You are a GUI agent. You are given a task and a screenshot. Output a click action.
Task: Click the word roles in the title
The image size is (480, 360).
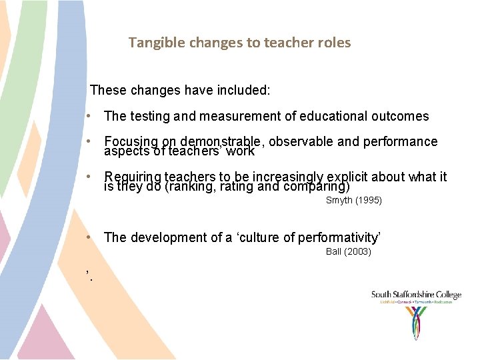[333, 43]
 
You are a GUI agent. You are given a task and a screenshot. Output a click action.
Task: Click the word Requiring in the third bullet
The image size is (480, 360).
[133, 177]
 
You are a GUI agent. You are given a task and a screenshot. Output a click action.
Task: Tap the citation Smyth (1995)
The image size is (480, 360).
[353, 200]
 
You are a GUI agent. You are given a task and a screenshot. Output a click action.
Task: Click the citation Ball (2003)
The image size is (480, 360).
[348, 251]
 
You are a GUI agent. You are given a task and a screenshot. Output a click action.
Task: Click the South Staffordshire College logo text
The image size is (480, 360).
[416, 295]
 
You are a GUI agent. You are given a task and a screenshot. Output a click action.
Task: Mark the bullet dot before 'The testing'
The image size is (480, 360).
[89, 117]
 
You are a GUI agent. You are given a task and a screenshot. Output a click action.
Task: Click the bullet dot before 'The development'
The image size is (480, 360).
[89, 238]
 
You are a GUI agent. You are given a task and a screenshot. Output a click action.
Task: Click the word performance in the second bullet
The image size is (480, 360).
[401, 141]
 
